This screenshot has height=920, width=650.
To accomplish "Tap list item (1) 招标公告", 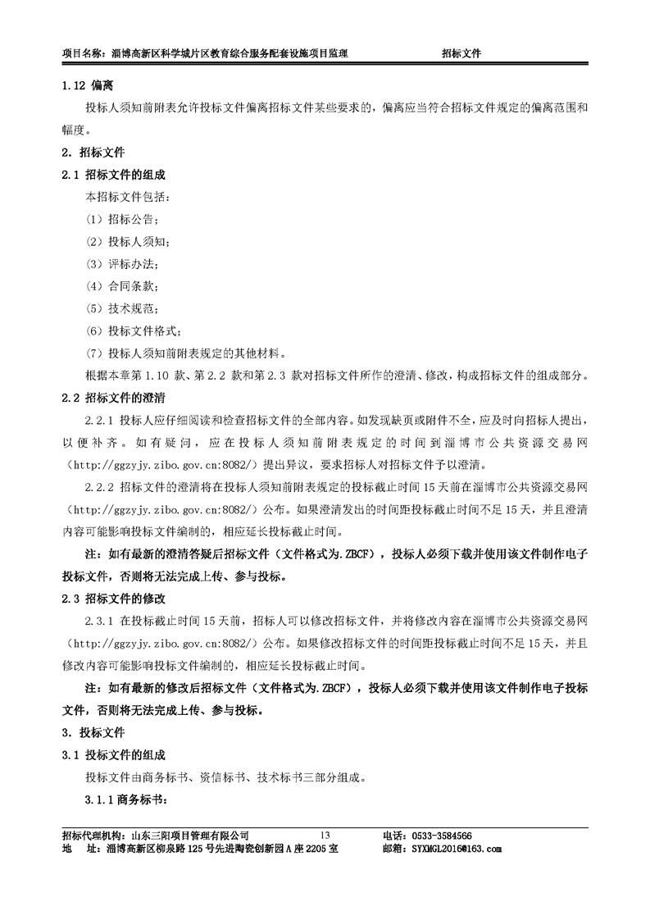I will click(x=121, y=220).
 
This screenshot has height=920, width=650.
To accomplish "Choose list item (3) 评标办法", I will click(x=121, y=264).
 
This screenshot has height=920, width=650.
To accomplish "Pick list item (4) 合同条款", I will click(x=121, y=286).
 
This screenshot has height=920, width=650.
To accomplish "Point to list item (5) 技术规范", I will click(x=121, y=309).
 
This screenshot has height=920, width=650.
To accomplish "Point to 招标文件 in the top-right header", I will click(x=461, y=52).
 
